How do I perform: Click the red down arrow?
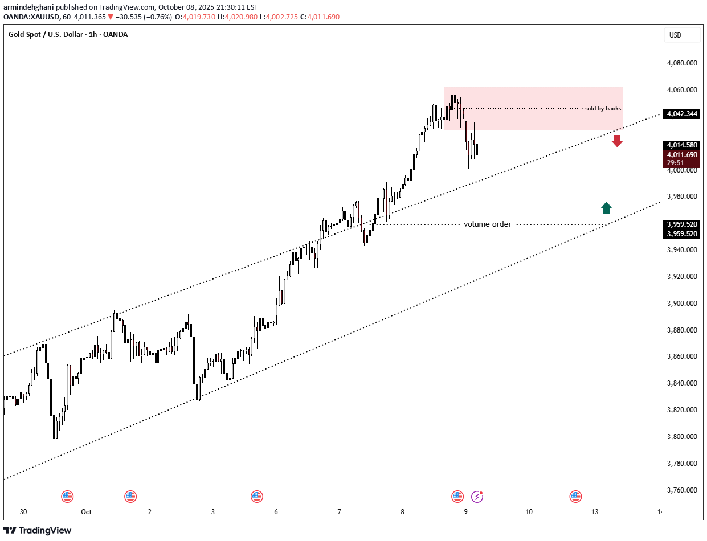coord(617,141)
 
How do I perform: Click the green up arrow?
coord(606,208)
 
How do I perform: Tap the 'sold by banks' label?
coord(603,108)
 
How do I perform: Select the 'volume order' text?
coord(487,224)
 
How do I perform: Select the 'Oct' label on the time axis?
coord(86,512)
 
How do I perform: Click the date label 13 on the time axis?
coord(595,512)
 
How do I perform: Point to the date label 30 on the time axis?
coord(23,512)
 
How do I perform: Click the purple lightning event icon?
coord(477,497)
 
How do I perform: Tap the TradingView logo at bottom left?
coord(38,530)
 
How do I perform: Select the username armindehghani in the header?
coord(28,7)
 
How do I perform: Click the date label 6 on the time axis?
coord(276,512)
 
